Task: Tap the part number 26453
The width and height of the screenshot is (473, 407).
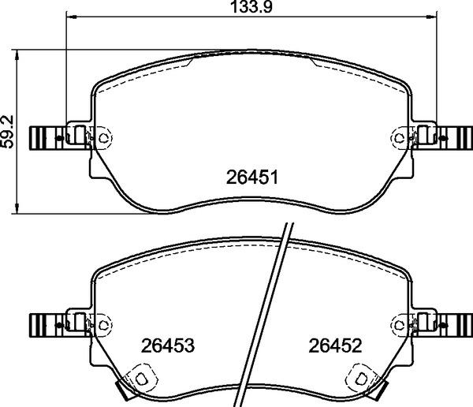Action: pyautogui.click(x=167, y=345)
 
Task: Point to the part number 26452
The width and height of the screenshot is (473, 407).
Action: pyautogui.click(x=334, y=345)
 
